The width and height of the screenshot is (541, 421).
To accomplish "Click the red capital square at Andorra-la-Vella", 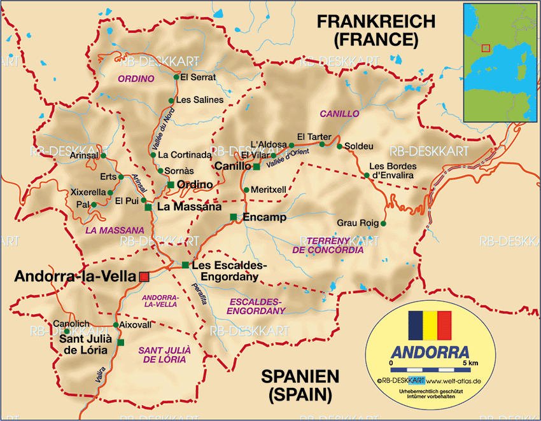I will point(144,276).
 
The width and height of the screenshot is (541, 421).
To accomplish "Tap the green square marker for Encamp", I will point(233,217).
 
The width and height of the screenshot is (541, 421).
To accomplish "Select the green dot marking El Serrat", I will point(176,78).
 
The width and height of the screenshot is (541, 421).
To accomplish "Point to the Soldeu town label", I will point(359,146).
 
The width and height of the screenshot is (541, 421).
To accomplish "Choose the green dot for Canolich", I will point(67,331).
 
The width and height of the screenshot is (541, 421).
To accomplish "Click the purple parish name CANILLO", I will point(339,114).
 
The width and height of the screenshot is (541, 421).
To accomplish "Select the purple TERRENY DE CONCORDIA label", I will point(328,245).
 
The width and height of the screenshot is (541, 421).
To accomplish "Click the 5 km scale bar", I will point(430,369).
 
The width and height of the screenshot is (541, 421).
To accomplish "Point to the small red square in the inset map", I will point(486,48).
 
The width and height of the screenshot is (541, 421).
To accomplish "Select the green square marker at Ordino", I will point(171,184).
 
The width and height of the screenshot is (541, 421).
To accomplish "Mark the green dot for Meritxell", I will point(246,190).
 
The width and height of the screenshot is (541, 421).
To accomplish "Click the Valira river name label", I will point(101,375).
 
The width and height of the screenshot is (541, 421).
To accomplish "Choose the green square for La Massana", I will point(148,207).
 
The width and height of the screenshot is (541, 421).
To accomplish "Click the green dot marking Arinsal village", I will point(103,155).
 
